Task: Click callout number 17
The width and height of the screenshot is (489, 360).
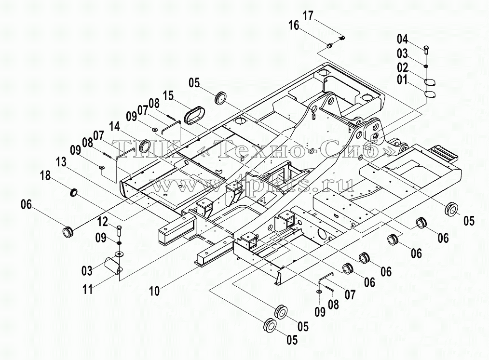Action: [308, 15]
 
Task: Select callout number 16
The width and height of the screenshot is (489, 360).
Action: [294, 25]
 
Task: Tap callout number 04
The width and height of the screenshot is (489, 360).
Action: [402, 39]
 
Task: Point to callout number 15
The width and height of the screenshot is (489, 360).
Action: [168, 96]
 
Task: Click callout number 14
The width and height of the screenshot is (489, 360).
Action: [114, 127]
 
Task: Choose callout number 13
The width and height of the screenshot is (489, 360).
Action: [61, 162]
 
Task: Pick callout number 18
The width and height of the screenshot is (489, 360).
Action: [45, 175]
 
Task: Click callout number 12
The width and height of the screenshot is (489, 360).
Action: [103, 222]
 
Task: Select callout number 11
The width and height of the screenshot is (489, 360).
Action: [88, 289]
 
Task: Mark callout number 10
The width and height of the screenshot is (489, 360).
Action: [154, 291]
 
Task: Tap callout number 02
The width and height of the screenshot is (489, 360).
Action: [402, 67]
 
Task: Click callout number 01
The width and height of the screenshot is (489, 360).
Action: [402, 80]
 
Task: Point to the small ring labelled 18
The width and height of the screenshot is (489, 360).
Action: [74, 192]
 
